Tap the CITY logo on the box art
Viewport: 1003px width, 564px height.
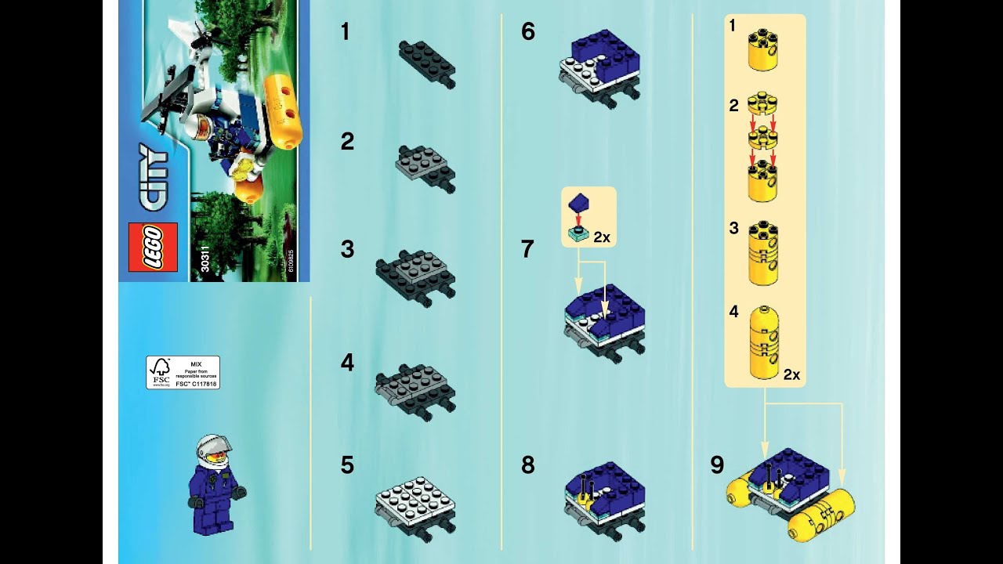[154, 178]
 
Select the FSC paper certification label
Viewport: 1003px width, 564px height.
[183, 372]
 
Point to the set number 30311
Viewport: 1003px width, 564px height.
[205, 259]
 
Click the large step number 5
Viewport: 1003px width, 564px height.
[347, 465]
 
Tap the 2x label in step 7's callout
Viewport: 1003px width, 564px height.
[601, 237]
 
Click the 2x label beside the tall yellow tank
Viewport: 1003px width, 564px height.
[791, 374]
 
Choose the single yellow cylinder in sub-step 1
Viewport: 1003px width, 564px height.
[762, 50]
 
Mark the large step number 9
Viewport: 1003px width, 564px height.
[717, 465]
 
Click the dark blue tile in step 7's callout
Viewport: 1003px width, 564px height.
[579, 203]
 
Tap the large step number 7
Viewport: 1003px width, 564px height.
[527, 250]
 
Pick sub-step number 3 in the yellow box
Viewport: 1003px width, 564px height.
[733, 228]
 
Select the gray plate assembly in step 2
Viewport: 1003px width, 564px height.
[425, 168]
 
